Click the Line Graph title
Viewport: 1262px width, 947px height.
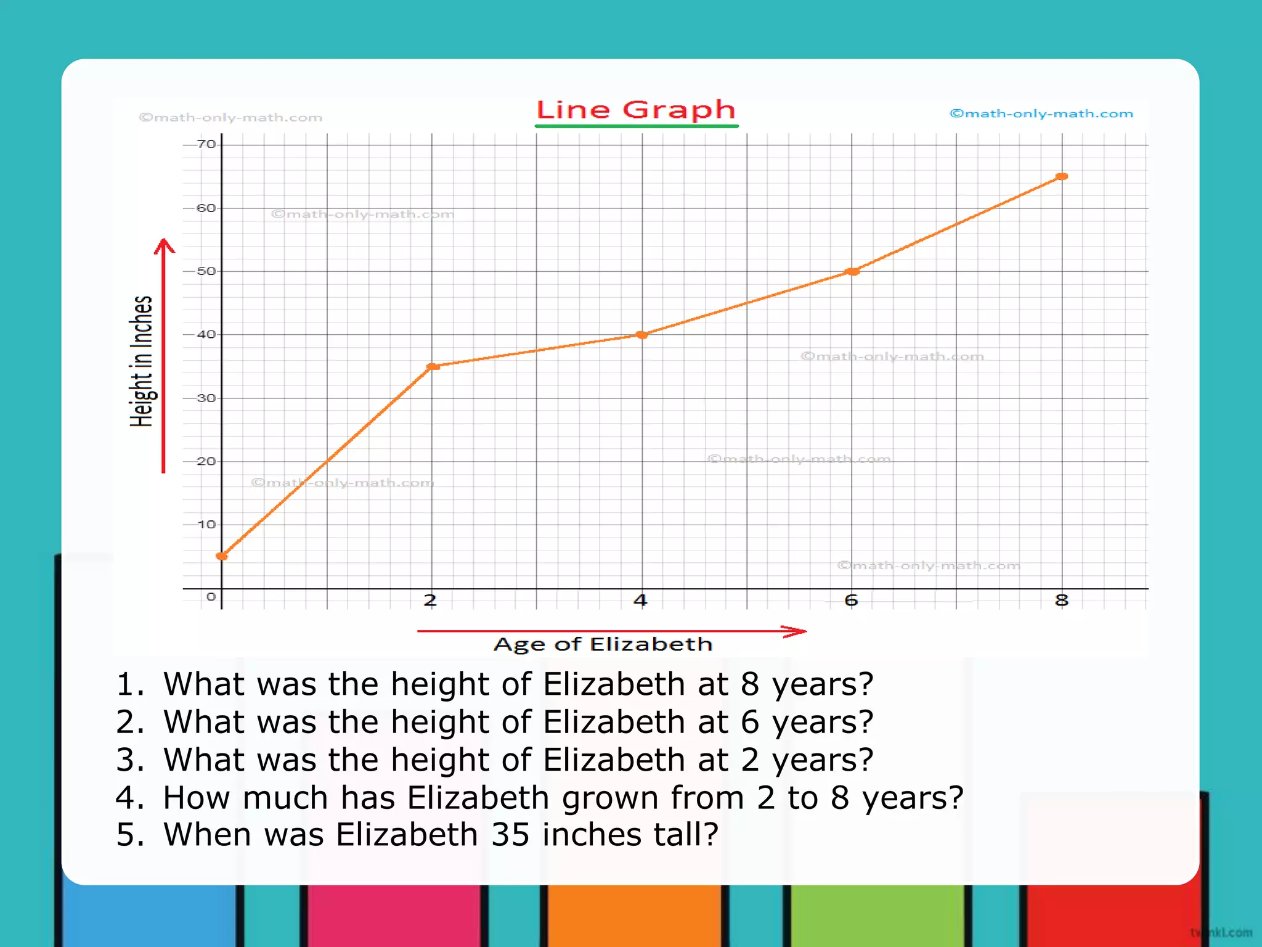click(636, 110)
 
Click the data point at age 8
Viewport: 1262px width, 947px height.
click(1062, 177)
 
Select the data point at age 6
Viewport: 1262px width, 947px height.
click(852, 271)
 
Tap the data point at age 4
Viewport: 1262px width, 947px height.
click(641, 335)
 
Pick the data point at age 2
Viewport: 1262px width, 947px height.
click(433, 366)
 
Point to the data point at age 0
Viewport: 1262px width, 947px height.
click(222, 556)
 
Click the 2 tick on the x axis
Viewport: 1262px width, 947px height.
click(430, 600)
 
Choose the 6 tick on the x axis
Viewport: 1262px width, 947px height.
click(851, 600)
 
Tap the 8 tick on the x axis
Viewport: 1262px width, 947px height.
click(1061, 600)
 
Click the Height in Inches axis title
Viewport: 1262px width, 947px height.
click(141, 361)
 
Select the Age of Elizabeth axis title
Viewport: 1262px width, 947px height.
click(603, 644)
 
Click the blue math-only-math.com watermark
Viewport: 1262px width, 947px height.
click(1041, 113)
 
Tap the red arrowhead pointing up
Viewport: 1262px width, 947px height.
click(164, 246)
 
